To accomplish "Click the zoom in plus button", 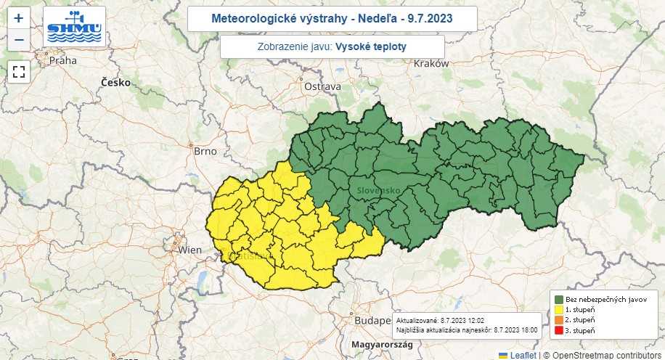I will (19, 19).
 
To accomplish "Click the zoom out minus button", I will (19, 40).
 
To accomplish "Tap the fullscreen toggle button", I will (19, 71).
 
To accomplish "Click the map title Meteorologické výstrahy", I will (332, 18).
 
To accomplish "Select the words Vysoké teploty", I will (370, 46).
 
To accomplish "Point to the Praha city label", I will (62, 61).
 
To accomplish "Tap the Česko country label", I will (115, 83).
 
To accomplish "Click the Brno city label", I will (205, 151).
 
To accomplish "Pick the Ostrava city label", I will (322, 86).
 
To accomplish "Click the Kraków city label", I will (431, 64).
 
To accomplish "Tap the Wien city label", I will (190, 250).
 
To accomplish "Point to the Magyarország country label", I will (381, 343).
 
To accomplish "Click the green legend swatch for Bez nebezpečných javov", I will (559, 299).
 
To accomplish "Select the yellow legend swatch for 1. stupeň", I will (559, 309).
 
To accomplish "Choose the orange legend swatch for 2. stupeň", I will (559, 320).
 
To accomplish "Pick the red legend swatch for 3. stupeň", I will (559, 331).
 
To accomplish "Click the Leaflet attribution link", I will (522, 355).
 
